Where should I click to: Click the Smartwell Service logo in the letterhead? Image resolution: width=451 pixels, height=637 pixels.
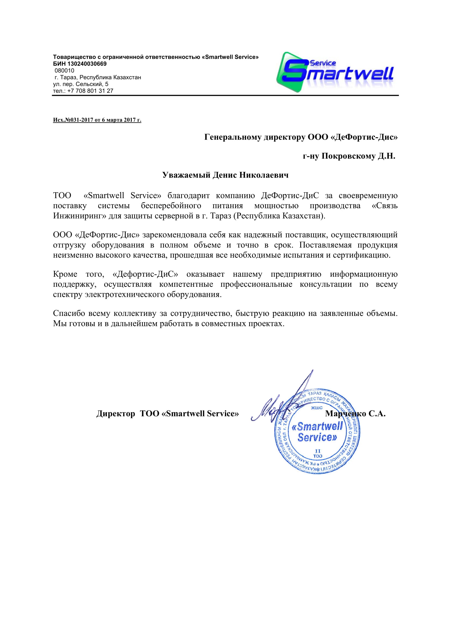(335, 72)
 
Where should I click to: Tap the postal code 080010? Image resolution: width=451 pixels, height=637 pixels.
(64, 71)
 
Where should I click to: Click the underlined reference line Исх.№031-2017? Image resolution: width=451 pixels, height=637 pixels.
(97, 120)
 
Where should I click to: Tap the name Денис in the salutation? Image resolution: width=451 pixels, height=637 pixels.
(224, 175)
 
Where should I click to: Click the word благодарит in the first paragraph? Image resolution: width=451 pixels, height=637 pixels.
(188, 196)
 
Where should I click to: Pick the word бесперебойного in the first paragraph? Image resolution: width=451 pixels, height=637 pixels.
(171, 206)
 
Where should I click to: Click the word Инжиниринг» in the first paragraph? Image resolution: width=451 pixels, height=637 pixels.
(79, 216)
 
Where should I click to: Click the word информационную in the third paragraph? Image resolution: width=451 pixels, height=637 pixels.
(363, 274)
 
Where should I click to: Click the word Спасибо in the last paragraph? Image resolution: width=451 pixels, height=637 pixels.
(69, 313)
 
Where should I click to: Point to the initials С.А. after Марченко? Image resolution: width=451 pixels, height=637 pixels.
(377, 414)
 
